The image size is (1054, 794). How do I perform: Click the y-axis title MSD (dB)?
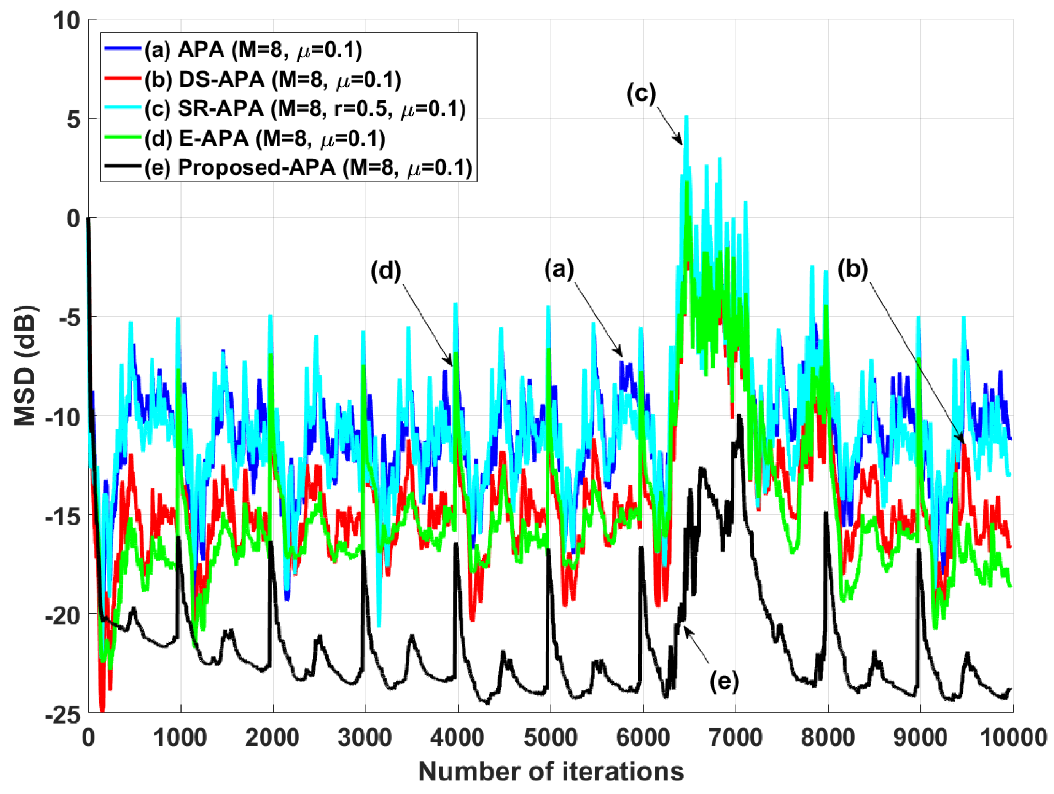[x=25, y=365]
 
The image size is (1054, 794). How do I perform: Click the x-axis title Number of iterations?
[x=551, y=771]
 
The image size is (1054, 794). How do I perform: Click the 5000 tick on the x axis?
[x=551, y=737]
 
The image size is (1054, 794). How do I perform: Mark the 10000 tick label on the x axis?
[x=1013, y=737]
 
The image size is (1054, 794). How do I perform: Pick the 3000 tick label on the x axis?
[x=365, y=737]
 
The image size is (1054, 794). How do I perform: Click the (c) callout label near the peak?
[x=641, y=94]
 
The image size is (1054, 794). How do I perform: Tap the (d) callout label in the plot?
[x=386, y=271]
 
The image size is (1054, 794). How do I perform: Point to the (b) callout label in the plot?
[x=853, y=269]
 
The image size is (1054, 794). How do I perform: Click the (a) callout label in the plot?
[x=559, y=269]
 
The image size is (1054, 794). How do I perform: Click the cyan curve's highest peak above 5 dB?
[x=686, y=117]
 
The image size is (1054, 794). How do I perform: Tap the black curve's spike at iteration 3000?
[x=363, y=552]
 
